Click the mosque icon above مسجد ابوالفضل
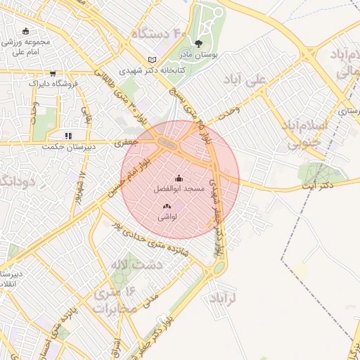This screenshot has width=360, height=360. (x=179, y=178)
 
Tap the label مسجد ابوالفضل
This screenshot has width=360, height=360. (x=179, y=189)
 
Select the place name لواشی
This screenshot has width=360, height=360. (x=167, y=217)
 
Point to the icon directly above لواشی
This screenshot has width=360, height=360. (x=167, y=206)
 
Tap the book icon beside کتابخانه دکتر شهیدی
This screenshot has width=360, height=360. (x=153, y=60)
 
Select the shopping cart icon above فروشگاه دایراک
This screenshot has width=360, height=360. (x=53, y=73)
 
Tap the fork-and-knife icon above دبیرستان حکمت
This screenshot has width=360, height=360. (x=67, y=135)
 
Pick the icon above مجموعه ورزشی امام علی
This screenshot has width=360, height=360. (x=26, y=31)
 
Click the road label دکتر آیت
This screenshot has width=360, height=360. (x=317, y=186)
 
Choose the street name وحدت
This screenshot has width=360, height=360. (x=229, y=110)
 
